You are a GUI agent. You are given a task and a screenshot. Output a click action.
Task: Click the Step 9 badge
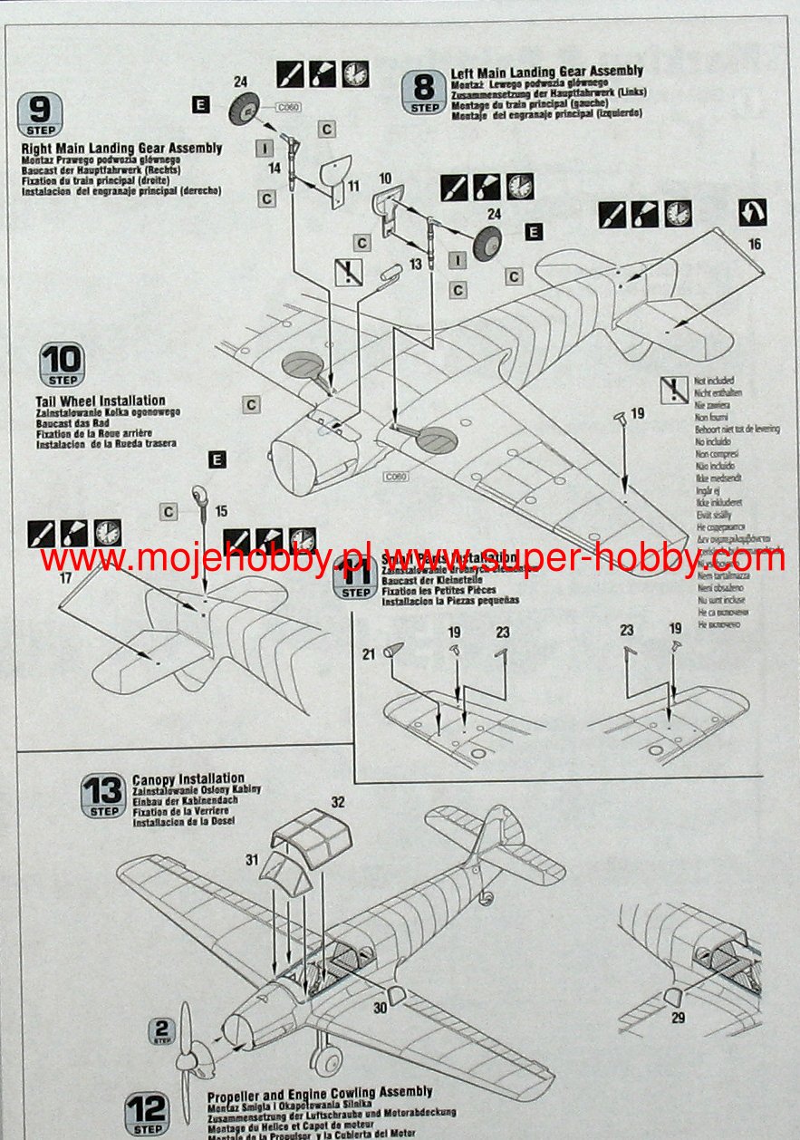pyautogui.click(x=41, y=114)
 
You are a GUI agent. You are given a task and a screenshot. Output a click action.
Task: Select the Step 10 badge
pyautogui.click(x=61, y=365)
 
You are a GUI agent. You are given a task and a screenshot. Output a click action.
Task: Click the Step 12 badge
pyautogui.click(x=147, y=1113)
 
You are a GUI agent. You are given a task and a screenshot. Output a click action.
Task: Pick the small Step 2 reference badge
pyautogui.click(x=162, y=1031)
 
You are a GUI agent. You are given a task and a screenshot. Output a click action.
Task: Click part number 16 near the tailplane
pyautogui.click(x=755, y=244)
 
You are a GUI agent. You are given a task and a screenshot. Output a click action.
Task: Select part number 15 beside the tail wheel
pyautogui.click(x=220, y=511)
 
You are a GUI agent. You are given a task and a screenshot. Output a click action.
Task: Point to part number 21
pyautogui.click(x=369, y=653)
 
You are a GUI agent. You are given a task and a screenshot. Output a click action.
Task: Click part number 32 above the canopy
pyautogui.click(x=338, y=801)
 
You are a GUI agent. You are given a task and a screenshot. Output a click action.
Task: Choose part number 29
pyautogui.click(x=678, y=1017)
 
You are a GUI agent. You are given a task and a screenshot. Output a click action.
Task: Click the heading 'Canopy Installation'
pyautogui.click(x=188, y=778)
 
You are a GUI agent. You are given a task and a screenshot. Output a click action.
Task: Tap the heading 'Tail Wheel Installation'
pyautogui.click(x=100, y=401)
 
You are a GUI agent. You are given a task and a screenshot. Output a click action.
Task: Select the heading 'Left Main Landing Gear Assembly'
pyautogui.click(x=546, y=71)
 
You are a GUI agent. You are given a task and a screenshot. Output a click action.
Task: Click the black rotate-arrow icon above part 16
pyautogui.click(x=753, y=213)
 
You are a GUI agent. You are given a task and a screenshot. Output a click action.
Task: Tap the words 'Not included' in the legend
pyautogui.click(x=714, y=382)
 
